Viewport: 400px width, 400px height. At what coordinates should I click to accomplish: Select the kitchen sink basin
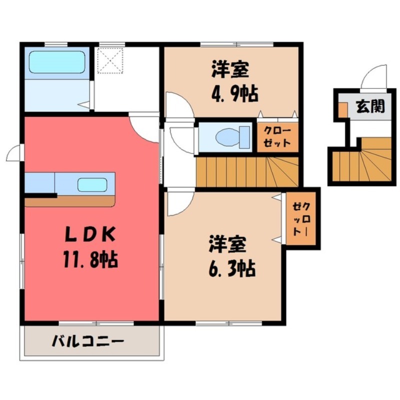click(x=93, y=184)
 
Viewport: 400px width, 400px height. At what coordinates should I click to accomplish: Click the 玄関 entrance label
click(x=370, y=106)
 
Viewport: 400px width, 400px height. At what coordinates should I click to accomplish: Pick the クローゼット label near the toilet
click(x=277, y=136)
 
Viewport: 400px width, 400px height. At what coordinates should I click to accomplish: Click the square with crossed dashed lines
click(x=111, y=59)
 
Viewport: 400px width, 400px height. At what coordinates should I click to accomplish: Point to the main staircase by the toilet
click(x=247, y=171)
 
